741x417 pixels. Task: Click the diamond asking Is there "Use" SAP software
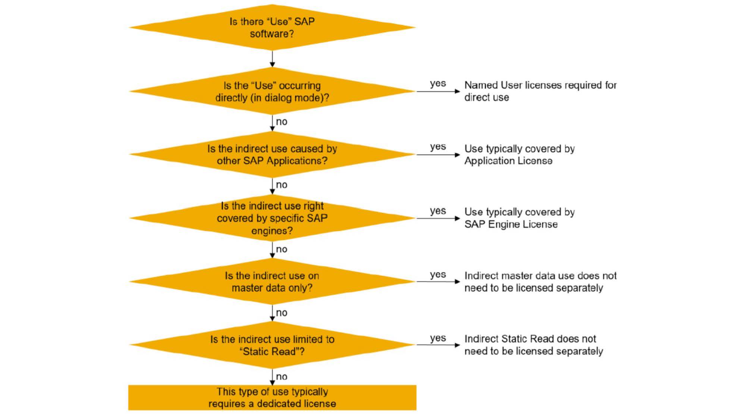(272, 28)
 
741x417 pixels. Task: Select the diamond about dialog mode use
(272, 91)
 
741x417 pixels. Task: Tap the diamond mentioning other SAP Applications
(272, 155)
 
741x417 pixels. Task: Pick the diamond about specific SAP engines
(272, 218)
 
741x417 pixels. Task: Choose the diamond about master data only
(272, 282)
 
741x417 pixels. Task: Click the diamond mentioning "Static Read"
(272, 345)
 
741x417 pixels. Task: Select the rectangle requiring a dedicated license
(272, 398)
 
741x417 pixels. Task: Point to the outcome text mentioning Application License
(519, 155)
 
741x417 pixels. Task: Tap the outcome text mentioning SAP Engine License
(519, 218)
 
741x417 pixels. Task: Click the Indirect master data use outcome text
(540, 282)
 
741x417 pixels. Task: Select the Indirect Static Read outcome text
(533, 345)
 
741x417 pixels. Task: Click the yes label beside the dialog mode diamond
(437, 84)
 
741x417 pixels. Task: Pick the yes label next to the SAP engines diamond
(437, 211)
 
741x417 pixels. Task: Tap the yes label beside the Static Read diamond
(437, 338)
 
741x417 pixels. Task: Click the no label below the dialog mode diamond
(282, 122)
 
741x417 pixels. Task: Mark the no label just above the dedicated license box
(282, 376)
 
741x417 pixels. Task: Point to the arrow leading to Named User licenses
(438, 91)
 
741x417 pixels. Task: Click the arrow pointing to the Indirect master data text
(438, 282)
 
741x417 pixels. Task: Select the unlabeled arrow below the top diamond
(272, 59)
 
